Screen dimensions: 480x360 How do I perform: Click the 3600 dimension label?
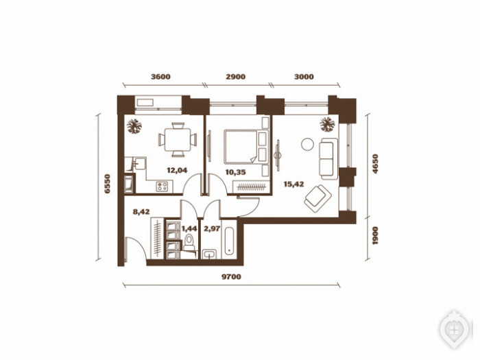point(160,77)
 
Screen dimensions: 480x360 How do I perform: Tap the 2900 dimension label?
point(236,77)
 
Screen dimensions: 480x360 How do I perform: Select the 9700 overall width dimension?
point(231,277)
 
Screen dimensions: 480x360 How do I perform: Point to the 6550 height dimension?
point(107,184)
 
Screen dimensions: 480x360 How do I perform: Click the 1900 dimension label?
point(375,235)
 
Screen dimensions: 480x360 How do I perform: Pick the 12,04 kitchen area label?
point(177,170)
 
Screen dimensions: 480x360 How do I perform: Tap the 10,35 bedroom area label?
point(236,172)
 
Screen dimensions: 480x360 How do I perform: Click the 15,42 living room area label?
point(294,184)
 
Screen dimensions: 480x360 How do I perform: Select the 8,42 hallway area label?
point(141,211)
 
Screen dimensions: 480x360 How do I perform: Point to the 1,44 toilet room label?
point(189,228)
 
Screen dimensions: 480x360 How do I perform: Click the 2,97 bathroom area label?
point(212,228)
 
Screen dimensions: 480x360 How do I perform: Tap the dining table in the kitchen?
point(178,140)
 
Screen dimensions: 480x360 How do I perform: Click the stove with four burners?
point(162,187)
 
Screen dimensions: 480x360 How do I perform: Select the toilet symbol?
point(189,243)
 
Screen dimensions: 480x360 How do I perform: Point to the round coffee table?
point(307,144)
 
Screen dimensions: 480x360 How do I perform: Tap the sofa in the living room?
point(328,158)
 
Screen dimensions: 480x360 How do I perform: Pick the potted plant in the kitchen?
point(134,125)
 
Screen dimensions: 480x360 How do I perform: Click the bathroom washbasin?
point(209,254)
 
